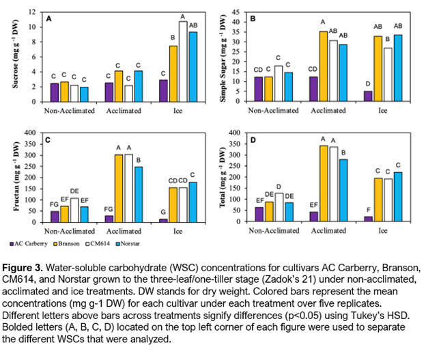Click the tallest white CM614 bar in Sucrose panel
click(x=182, y=61)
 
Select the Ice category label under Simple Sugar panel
click(x=383, y=109)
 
